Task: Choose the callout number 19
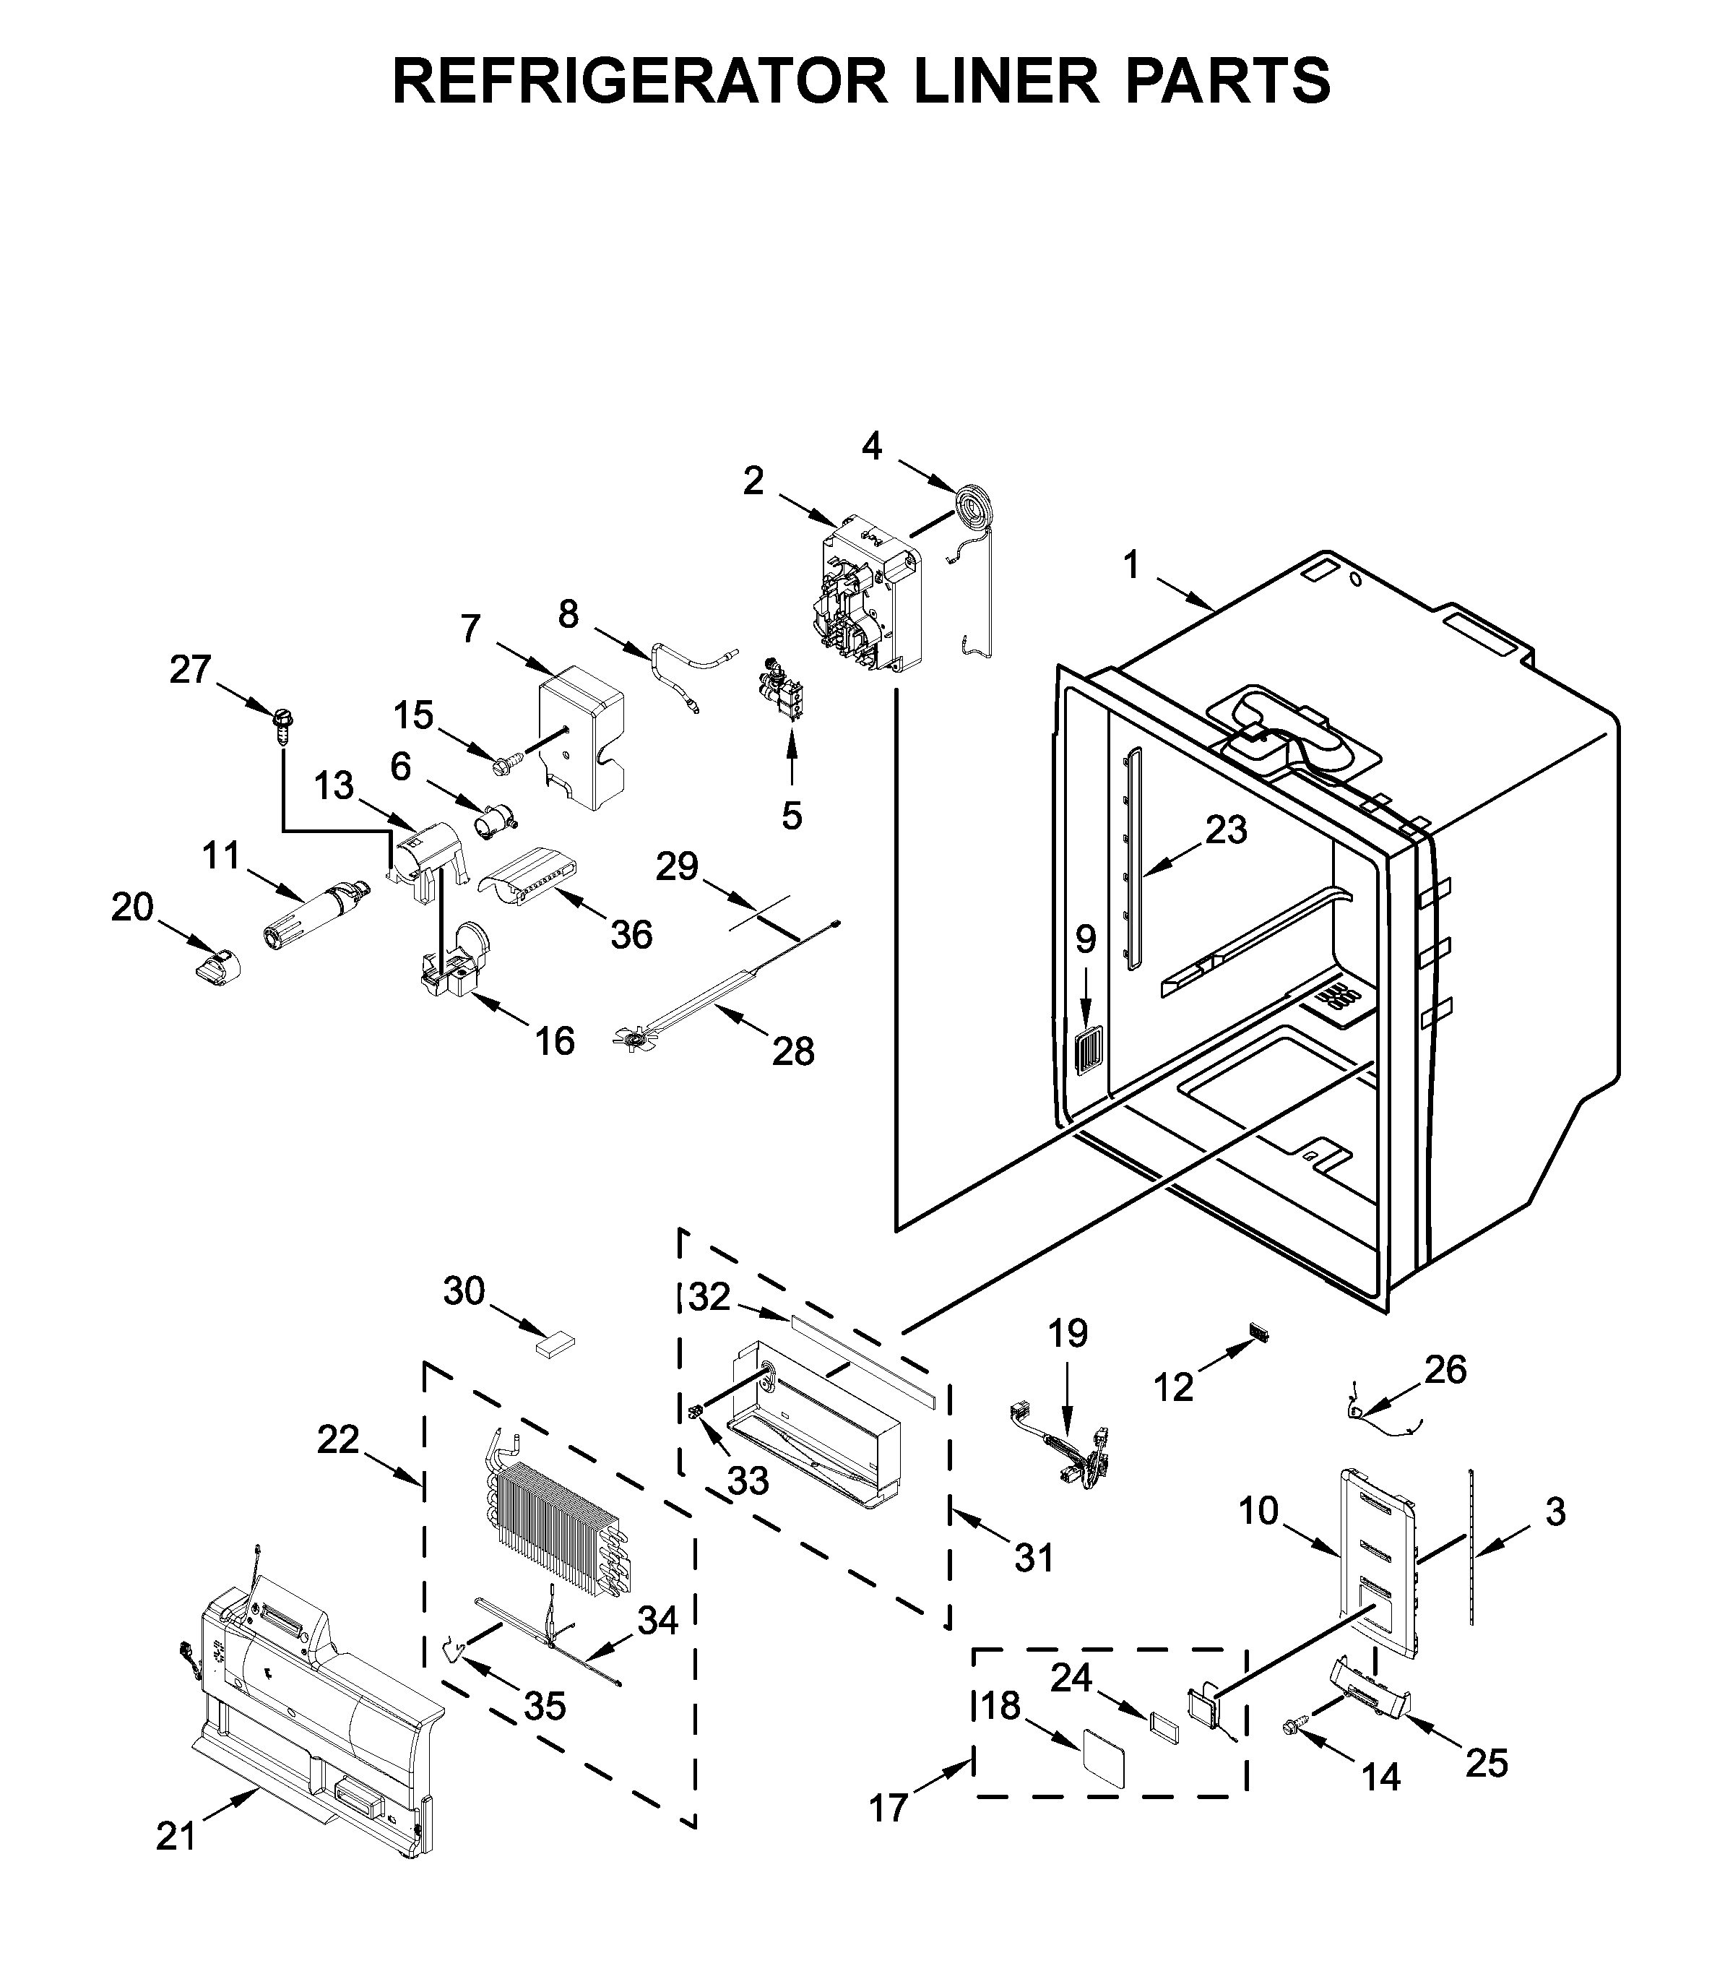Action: pyautogui.click(x=1068, y=1333)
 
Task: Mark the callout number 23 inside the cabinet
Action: pyautogui.click(x=1226, y=829)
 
